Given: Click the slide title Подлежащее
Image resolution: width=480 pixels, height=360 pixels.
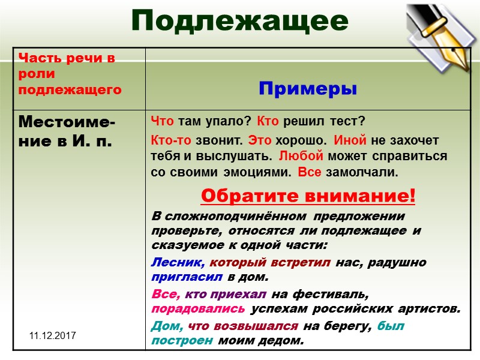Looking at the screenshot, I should click(x=240, y=21).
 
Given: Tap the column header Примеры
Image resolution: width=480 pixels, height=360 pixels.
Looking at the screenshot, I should click(x=307, y=89).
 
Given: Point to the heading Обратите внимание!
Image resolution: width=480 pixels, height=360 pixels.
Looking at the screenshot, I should click(x=307, y=196).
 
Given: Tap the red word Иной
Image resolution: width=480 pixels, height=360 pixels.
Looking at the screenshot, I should click(x=346, y=140).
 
